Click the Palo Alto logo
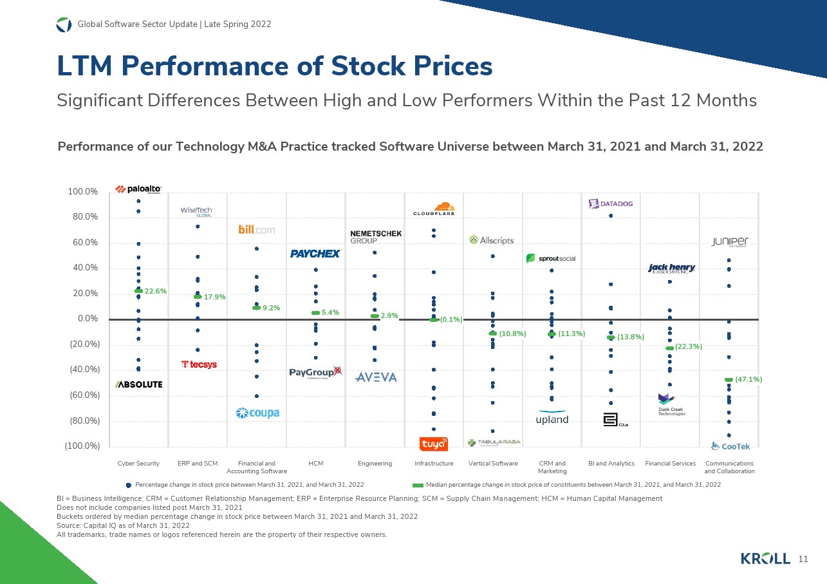coord(138,189)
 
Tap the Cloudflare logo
coord(434,209)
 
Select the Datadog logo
coord(611,204)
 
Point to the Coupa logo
coord(257,413)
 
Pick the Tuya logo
coord(434,444)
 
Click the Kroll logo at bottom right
coord(765,558)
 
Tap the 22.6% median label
coord(156,291)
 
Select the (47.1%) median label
coord(748,380)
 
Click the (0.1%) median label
coord(452,319)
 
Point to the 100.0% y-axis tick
coord(82,192)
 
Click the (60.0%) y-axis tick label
coord(82,395)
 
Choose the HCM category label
coord(315,464)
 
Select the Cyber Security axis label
coord(138,464)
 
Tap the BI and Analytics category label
coord(611,464)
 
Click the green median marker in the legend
coord(418,484)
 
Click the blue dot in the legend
coord(129,484)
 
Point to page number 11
coord(803,558)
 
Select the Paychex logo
coord(315,254)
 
